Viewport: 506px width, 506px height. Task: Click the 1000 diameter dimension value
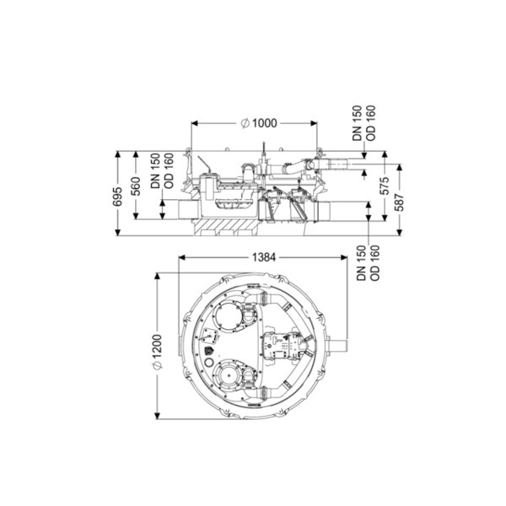click(x=264, y=123)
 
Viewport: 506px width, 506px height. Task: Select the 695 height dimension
click(x=117, y=196)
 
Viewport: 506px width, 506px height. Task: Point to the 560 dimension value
click(x=136, y=186)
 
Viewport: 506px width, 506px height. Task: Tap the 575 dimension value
click(x=385, y=186)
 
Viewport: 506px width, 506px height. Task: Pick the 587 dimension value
click(x=400, y=202)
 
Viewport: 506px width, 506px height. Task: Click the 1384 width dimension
click(x=264, y=257)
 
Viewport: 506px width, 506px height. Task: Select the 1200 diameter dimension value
click(x=158, y=347)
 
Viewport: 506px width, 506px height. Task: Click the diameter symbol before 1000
click(x=245, y=123)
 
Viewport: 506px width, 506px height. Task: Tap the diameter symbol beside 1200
click(x=158, y=365)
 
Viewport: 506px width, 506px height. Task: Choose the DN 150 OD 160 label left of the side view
click(x=162, y=170)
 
